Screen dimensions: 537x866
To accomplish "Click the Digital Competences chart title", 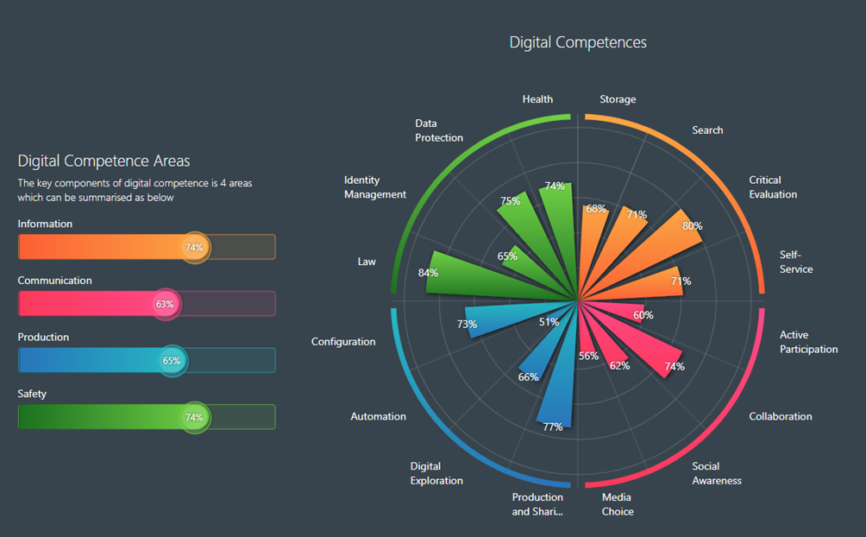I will (577, 42).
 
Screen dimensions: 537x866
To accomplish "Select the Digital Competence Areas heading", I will (104, 161).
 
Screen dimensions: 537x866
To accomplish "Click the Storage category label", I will (618, 99).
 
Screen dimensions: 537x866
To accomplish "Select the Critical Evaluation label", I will (773, 187).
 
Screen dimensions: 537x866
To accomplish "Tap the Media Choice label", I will (618, 504).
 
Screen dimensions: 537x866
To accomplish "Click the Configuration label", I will (343, 342).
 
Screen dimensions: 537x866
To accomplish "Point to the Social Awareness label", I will (716, 473).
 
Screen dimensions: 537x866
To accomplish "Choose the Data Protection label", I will (439, 130).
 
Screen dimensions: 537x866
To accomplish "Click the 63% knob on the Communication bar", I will (164, 304).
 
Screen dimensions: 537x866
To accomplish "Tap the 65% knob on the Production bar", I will (172, 361).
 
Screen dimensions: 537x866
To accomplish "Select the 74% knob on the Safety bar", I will (194, 418).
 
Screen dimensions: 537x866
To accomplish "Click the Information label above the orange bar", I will (45, 224).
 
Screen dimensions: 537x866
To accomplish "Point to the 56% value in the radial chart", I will (588, 357).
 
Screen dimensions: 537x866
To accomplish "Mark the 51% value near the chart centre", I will (549, 322).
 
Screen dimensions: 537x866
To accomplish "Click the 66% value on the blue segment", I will (528, 377).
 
